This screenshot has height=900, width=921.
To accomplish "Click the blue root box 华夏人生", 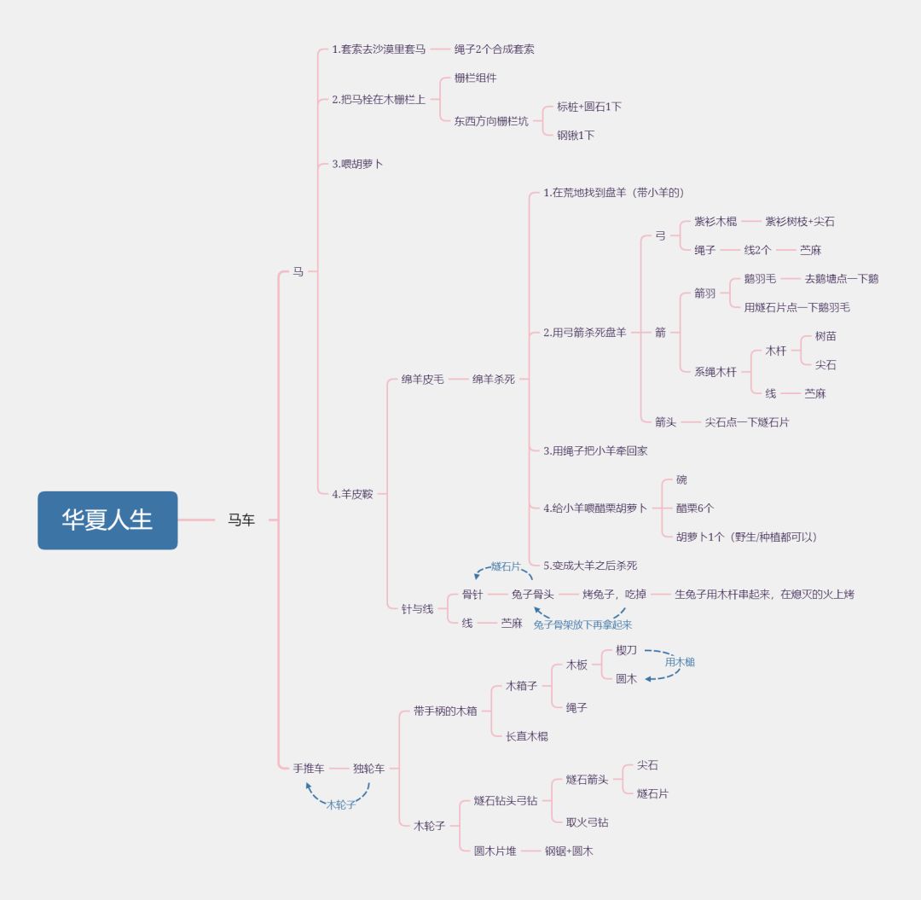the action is pyautogui.click(x=107, y=520).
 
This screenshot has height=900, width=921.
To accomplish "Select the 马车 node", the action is pyautogui.click(x=241, y=520).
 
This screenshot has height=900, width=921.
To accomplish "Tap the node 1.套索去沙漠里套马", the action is pyautogui.click(x=379, y=49).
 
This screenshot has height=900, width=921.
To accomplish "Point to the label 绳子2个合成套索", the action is pyautogui.click(x=494, y=49).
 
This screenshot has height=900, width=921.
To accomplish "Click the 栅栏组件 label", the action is pyautogui.click(x=475, y=78).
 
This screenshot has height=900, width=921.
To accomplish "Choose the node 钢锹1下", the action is pyautogui.click(x=576, y=135).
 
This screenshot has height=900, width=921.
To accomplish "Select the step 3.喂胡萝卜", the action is pyautogui.click(x=357, y=164).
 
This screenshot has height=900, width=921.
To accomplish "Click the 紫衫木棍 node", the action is pyautogui.click(x=715, y=222).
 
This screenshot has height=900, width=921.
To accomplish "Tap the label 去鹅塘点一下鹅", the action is pyautogui.click(x=841, y=278).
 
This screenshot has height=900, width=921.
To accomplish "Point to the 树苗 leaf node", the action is pyautogui.click(x=825, y=336).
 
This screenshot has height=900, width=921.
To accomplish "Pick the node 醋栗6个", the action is pyautogui.click(x=695, y=508).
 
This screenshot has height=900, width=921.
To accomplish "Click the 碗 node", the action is pyautogui.click(x=681, y=479).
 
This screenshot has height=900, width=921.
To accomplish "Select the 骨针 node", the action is pyautogui.click(x=472, y=595).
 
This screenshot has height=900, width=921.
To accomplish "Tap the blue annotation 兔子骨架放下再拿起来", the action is pyautogui.click(x=582, y=624).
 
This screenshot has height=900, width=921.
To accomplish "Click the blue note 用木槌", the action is pyautogui.click(x=680, y=662).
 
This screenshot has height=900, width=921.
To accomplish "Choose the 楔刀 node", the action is pyautogui.click(x=626, y=650).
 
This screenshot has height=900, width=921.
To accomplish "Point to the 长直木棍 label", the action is pyautogui.click(x=527, y=736).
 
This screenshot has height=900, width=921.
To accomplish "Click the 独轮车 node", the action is pyautogui.click(x=369, y=769).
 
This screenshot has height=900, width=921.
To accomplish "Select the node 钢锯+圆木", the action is pyautogui.click(x=569, y=851).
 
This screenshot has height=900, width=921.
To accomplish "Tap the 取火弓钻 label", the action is pyautogui.click(x=587, y=822).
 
